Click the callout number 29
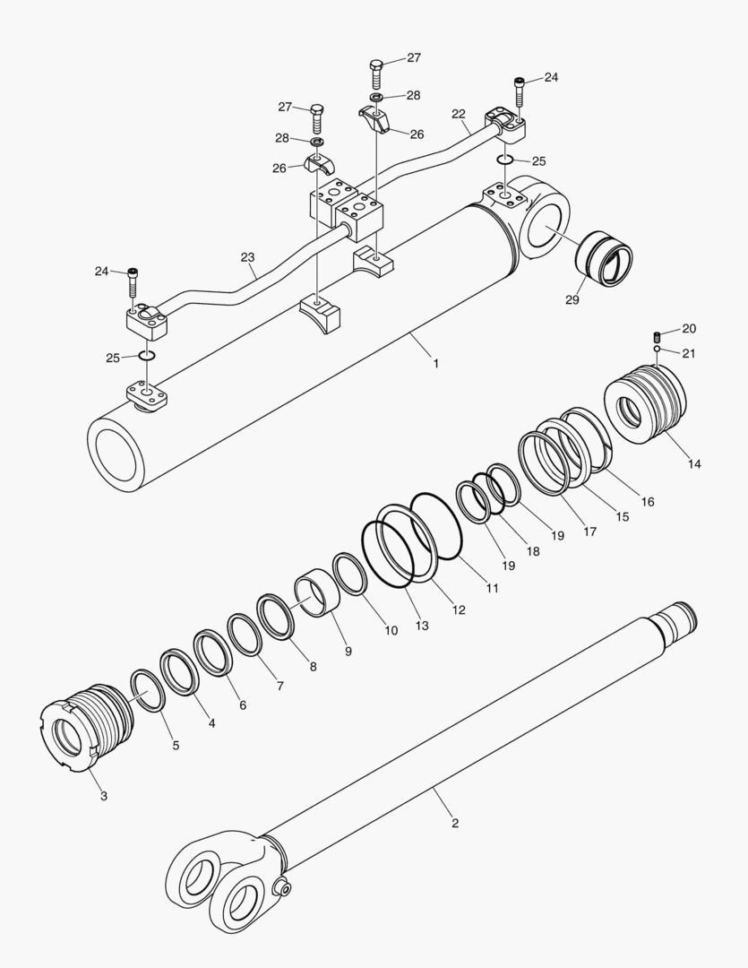coord(572,300)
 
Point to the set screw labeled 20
coord(657,336)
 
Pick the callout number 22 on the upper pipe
coord(458,114)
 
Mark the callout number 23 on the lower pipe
coord(246,256)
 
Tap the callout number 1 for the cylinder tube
coord(435,364)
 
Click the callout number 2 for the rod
coord(454,823)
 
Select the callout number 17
coord(589,532)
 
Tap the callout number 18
coord(533,552)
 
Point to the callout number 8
coord(312,666)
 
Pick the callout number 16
coord(647,502)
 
